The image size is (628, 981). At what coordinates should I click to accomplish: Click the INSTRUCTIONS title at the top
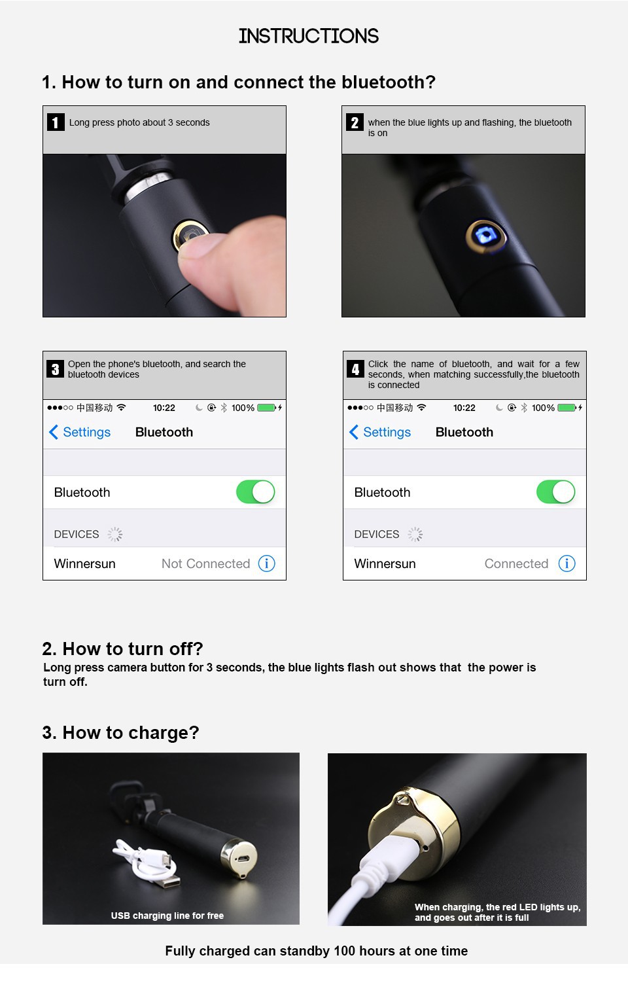(x=309, y=36)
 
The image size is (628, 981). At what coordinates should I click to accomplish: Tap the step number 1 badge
(x=56, y=122)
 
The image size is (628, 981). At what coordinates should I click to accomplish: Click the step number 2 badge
(x=355, y=122)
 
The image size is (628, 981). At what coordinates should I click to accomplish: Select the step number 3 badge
(x=55, y=369)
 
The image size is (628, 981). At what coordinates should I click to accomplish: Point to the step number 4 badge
(x=355, y=369)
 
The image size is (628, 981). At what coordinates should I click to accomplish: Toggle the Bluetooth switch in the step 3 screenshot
(x=256, y=492)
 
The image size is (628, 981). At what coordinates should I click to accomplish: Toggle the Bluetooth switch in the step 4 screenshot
(x=556, y=492)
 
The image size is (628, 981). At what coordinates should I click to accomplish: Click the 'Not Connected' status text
(x=205, y=563)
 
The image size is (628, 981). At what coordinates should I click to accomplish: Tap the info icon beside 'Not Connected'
(x=266, y=563)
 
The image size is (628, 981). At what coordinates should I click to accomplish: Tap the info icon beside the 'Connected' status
(x=567, y=563)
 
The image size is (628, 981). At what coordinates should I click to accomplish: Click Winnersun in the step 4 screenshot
(x=385, y=563)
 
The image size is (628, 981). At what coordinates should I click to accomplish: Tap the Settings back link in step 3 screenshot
(x=80, y=432)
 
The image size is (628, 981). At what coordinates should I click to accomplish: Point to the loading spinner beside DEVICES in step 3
(x=115, y=534)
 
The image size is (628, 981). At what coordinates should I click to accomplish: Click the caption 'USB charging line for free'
(x=167, y=916)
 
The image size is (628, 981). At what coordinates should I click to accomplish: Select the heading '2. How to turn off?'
(x=122, y=649)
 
